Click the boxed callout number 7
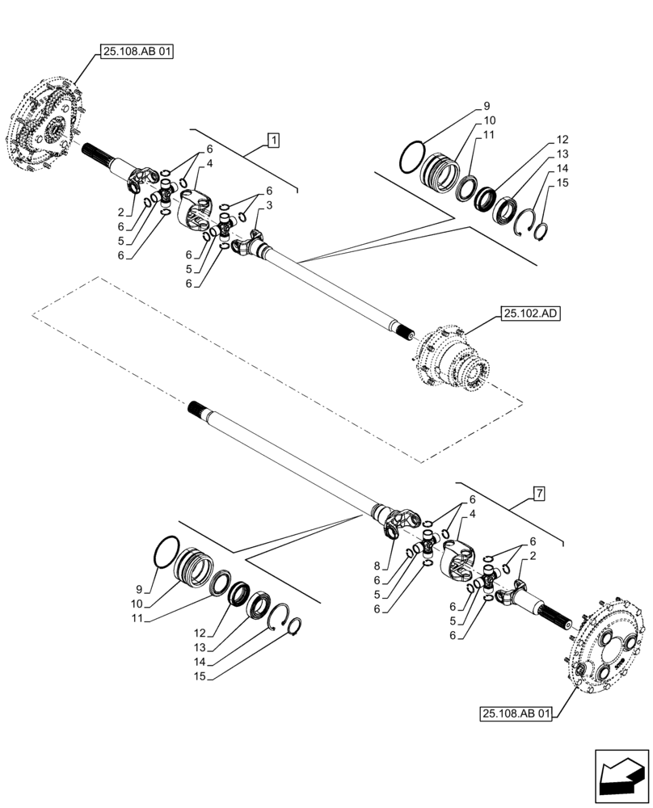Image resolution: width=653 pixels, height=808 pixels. pyautogui.click(x=538, y=492)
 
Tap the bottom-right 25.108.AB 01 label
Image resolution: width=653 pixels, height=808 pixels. pyautogui.click(x=516, y=713)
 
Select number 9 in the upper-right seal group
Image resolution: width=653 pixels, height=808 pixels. pyautogui.click(x=487, y=106)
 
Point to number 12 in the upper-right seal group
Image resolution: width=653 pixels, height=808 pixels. pyautogui.click(x=562, y=139)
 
